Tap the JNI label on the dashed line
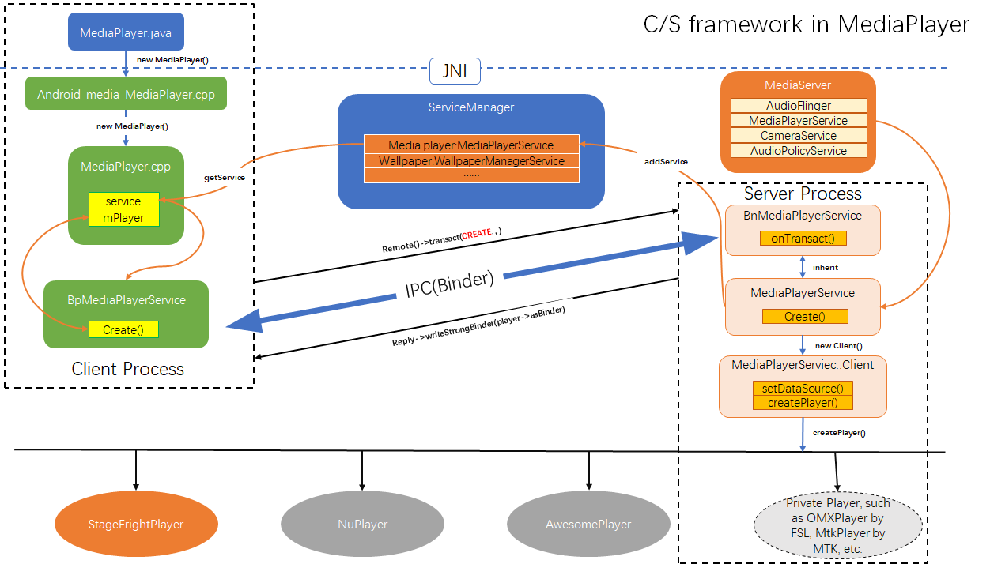(x=455, y=72)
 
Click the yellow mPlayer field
(x=124, y=217)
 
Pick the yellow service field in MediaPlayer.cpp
(x=124, y=201)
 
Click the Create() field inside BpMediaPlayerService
(x=123, y=329)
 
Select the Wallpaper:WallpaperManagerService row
(x=471, y=160)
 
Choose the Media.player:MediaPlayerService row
(x=471, y=145)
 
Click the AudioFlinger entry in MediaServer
(x=799, y=106)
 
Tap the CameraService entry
(x=799, y=136)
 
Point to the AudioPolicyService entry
(x=799, y=151)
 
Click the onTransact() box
(x=803, y=238)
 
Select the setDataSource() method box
(x=803, y=388)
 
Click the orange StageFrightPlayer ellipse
(x=136, y=524)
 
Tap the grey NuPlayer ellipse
(x=362, y=524)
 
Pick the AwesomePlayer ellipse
(x=588, y=524)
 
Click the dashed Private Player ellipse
(x=838, y=525)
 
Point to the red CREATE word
(x=477, y=233)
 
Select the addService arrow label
(x=666, y=161)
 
